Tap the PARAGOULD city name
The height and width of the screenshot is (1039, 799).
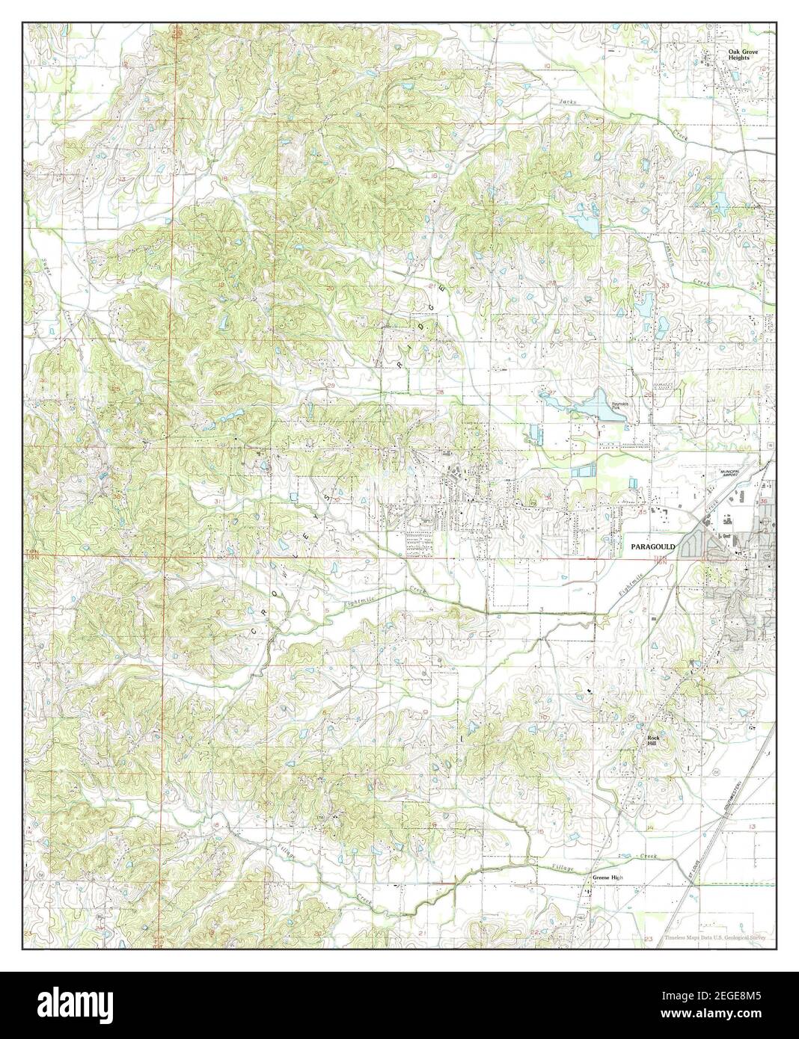point(652,547)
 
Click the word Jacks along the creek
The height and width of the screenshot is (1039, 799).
point(568,102)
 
